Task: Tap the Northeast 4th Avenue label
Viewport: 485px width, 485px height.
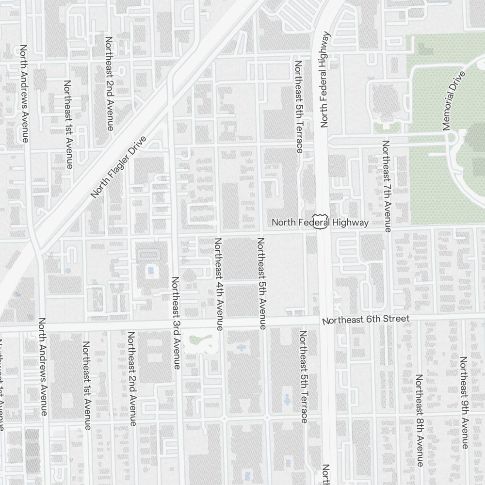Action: tap(219, 284)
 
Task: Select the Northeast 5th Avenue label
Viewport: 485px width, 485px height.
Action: tap(261, 284)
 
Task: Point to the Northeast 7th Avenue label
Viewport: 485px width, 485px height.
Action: tap(386, 186)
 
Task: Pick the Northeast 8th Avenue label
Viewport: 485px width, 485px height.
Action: tap(419, 420)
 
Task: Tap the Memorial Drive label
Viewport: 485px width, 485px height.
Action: tap(454, 101)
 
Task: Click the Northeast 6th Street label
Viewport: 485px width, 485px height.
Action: tap(366, 320)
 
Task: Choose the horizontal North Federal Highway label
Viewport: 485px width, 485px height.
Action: tap(320, 223)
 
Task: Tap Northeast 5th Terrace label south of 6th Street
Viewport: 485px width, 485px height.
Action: tap(304, 376)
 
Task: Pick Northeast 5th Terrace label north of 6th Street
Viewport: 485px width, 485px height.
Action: tap(298, 107)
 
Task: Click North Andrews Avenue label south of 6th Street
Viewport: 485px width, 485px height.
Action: tap(43, 367)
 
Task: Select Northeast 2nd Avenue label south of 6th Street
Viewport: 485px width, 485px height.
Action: tap(131, 379)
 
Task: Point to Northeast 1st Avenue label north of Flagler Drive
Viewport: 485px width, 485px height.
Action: tap(67, 125)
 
